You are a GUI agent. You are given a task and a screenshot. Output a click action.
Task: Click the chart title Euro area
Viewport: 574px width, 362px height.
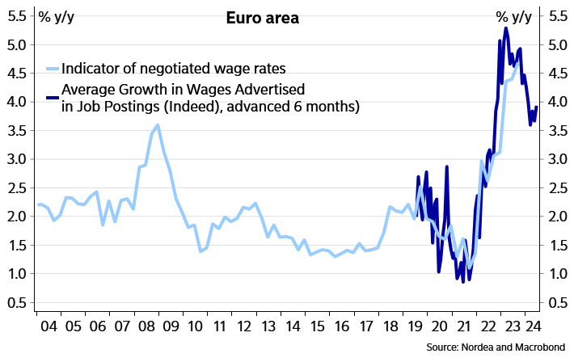click(x=262, y=18)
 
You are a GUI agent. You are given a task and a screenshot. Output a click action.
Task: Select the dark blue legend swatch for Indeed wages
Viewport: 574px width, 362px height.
click(x=53, y=98)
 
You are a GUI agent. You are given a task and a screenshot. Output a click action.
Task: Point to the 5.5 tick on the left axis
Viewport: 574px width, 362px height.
click(x=19, y=17)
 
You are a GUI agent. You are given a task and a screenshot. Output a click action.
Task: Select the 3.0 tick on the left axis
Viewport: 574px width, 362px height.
click(x=19, y=159)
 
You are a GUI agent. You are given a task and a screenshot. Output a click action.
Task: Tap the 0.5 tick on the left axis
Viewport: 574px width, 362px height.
click(x=19, y=302)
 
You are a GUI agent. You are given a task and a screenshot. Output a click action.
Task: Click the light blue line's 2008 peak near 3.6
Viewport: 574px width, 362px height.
click(x=158, y=125)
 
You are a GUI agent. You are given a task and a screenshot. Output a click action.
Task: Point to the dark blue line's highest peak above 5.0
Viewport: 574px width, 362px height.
click(x=505, y=28)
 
